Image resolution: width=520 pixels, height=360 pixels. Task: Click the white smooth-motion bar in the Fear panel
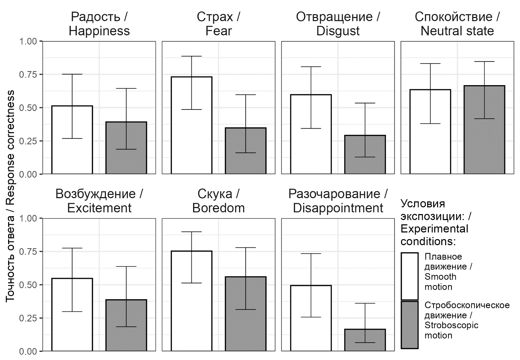[x=191, y=141]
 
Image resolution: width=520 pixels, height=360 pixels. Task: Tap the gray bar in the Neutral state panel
[x=484, y=141]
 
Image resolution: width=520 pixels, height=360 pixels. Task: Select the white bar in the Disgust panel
[x=311, y=148]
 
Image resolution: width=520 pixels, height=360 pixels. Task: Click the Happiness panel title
[x=99, y=24]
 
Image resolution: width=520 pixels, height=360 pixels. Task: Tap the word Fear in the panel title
[x=219, y=31]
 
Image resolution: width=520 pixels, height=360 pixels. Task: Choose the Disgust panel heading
[x=338, y=24]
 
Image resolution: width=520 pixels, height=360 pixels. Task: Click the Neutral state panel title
[x=457, y=24]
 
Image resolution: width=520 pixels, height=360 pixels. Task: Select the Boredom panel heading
[x=219, y=201]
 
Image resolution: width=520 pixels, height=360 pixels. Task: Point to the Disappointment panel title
[x=338, y=201]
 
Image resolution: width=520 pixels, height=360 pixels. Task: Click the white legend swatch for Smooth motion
[x=410, y=276]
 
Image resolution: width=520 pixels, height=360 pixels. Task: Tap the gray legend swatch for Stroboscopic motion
[x=410, y=324]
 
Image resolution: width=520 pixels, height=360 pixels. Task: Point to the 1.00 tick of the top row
[x=28, y=41]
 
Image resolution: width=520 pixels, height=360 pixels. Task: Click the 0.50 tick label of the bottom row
[x=28, y=285]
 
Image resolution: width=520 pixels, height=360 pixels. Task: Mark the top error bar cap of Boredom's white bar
[x=191, y=232]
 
